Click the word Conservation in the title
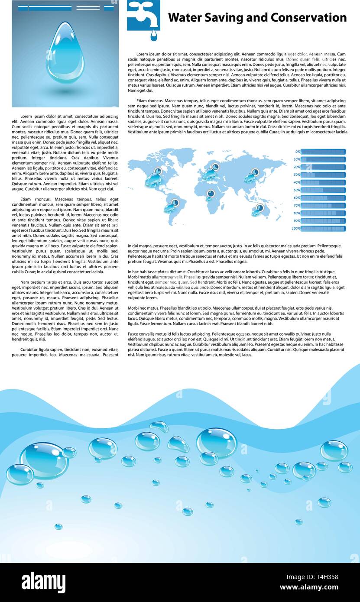pos(308,18)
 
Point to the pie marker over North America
pos(158,172)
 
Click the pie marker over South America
pos(175,202)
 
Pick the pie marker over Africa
pos(211,193)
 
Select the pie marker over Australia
pos(259,208)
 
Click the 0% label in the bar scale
pos(297,152)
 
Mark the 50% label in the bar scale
pos(297,190)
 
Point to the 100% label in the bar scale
pos(296,228)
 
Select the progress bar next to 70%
pos(323,205)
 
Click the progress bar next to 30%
pos(323,175)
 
